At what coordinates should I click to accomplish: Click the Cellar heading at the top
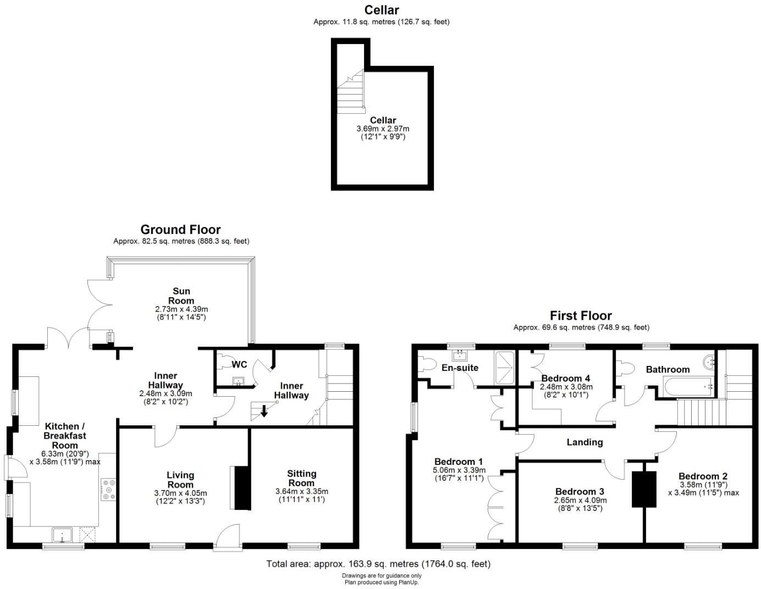[381, 10]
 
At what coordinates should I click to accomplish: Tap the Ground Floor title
[180, 230]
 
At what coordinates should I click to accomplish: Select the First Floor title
[581, 315]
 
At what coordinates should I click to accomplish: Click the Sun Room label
[181, 296]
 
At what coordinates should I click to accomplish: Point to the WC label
[239, 364]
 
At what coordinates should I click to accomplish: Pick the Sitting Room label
[301, 478]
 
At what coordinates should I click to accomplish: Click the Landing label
[584, 442]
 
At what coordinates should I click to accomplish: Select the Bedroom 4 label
[565, 378]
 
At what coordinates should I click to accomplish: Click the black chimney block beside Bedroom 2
[644, 489]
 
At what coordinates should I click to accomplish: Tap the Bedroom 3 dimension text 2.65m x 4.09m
[580, 500]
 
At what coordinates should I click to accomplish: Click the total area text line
[378, 564]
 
